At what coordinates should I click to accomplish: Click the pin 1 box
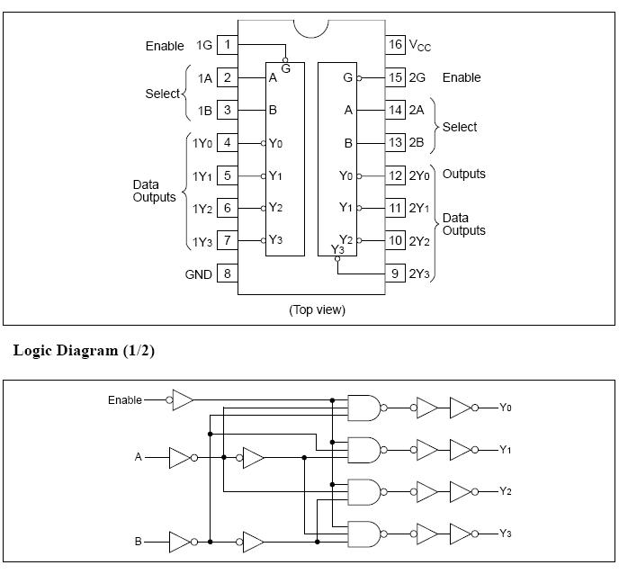(228, 45)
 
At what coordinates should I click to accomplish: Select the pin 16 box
(395, 45)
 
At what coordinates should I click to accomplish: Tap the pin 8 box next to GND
(228, 274)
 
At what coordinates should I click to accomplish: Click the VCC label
(420, 45)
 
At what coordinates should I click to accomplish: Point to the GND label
(198, 274)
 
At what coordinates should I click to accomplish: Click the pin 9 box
(395, 274)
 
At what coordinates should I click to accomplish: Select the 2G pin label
(419, 78)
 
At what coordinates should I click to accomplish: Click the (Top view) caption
(317, 309)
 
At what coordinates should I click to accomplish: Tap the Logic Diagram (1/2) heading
(84, 351)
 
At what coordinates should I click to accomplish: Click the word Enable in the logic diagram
(125, 400)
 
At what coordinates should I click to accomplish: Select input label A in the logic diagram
(139, 457)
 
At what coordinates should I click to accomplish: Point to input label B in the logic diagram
(139, 542)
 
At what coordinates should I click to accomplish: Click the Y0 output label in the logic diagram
(506, 408)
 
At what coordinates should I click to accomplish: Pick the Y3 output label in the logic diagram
(506, 534)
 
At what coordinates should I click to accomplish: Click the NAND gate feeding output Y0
(364, 408)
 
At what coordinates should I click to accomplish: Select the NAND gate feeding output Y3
(364, 534)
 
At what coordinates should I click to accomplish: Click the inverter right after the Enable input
(183, 400)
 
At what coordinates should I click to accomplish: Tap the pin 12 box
(395, 175)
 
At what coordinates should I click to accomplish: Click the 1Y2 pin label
(202, 209)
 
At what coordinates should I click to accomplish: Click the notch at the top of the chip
(310, 28)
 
